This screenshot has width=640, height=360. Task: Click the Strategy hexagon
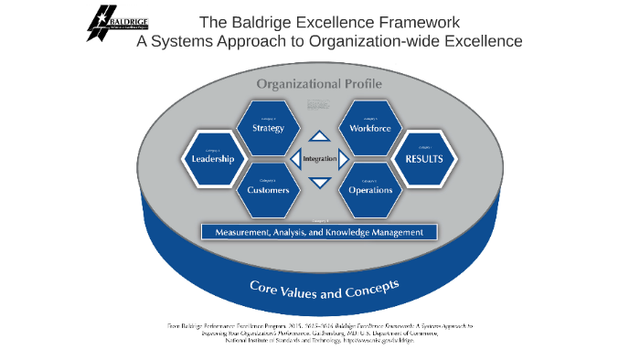(x=269, y=128)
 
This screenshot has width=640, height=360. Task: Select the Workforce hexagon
(x=370, y=128)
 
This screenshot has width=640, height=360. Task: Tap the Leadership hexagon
(x=213, y=158)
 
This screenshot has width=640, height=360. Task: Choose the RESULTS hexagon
(x=423, y=158)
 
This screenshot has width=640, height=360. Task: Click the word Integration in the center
(x=320, y=159)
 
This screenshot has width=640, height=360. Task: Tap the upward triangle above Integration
(x=319, y=137)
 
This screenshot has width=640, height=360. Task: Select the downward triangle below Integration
(x=319, y=182)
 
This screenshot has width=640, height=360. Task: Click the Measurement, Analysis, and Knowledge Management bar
(x=319, y=232)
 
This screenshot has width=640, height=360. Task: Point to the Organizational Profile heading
(x=319, y=84)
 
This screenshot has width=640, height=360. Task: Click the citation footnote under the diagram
(x=319, y=333)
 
